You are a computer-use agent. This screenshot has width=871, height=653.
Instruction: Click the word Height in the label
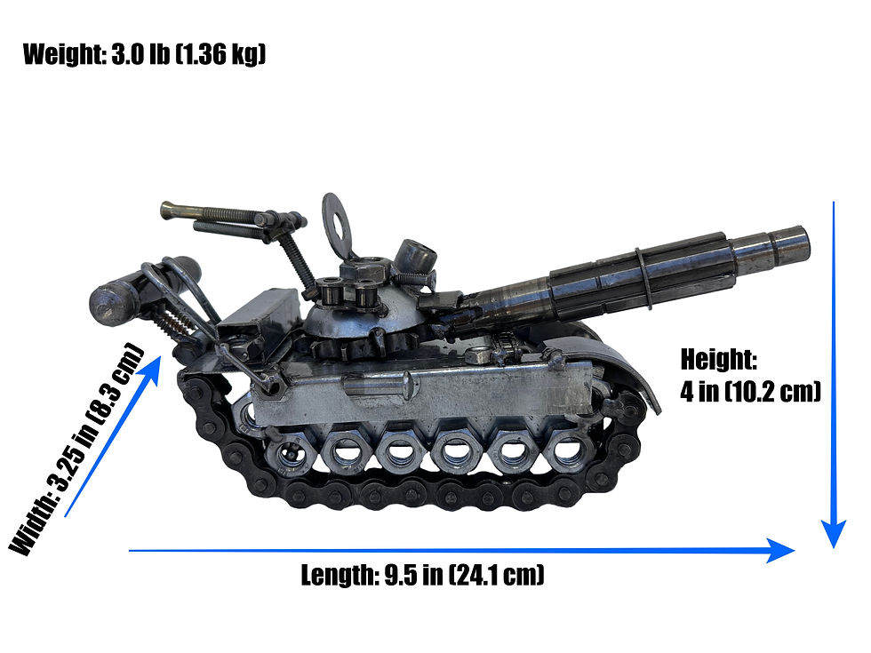point(718,360)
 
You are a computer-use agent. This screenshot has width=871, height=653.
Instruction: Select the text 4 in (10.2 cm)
point(750,391)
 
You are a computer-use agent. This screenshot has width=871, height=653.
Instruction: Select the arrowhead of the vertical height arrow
point(834,533)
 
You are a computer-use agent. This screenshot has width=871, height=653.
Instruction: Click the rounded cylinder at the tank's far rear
point(110,301)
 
